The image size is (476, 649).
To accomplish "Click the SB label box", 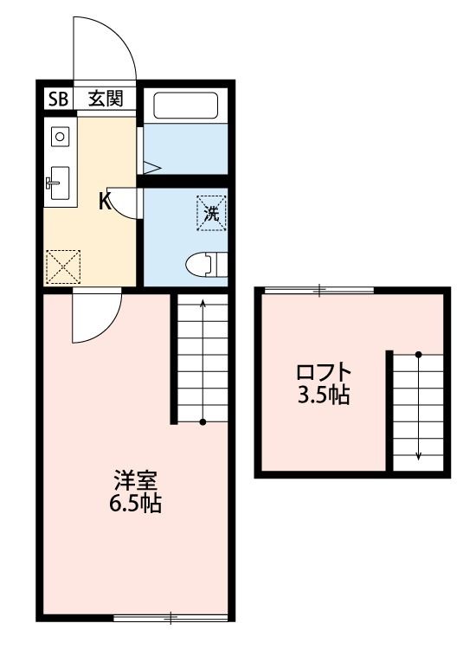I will click(x=58, y=98).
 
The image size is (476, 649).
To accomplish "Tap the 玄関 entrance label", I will click(x=105, y=98).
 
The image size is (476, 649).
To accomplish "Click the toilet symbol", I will click(x=206, y=263).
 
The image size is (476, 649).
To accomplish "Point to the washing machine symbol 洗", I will click(x=211, y=212).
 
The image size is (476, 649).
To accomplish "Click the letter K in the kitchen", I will click(x=104, y=202).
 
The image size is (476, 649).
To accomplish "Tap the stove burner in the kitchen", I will click(x=60, y=135).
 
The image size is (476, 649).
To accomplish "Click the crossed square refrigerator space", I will click(x=62, y=266).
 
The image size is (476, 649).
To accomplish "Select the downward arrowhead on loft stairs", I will click(x=418, y=456).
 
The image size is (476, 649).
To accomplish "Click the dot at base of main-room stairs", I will click(x=203, y=422).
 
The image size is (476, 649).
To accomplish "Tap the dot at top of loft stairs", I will click(x=418, y=355).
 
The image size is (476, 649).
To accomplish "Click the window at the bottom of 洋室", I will click(x=171, y=618).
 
